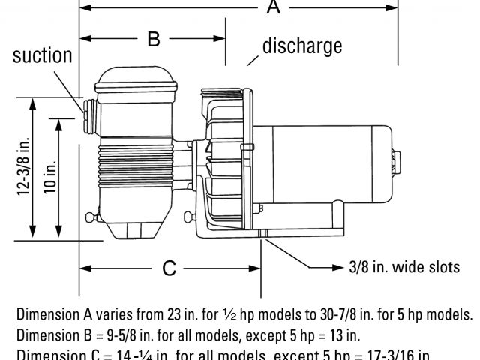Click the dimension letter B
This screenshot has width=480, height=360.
[153, 39]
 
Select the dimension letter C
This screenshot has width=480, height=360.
[169, 267]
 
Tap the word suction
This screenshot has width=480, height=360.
[42, 55]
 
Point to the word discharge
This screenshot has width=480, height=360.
[302, 46]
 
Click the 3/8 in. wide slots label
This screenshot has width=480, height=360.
[404, 267]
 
